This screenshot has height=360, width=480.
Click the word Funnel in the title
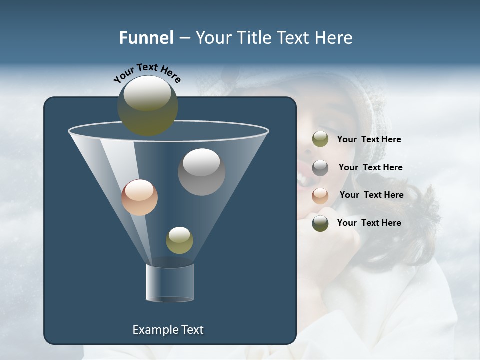click(146, 38)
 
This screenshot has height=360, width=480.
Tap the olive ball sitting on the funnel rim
click(147, 105)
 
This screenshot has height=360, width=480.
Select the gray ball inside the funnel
click(201, 171)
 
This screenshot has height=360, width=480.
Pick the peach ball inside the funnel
click(139, 197)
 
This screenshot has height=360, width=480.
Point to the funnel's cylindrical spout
click(169, 283)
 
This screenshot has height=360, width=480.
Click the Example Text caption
click(168, 330)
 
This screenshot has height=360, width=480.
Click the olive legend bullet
click(320, 139)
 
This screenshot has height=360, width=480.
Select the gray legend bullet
click(320, 168)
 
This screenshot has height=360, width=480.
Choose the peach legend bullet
click(320, 195)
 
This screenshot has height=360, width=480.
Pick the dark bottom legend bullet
click(320, 223)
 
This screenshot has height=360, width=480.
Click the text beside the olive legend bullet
click(369, 140)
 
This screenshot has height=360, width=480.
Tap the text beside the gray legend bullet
click(370, 168)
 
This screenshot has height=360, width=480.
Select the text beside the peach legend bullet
click(371, 195)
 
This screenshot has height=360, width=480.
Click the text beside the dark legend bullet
click(369, 223)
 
